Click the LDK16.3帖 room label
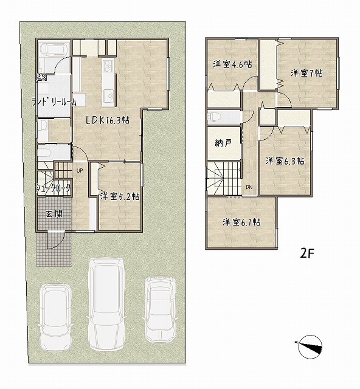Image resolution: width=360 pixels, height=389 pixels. coord(108,120)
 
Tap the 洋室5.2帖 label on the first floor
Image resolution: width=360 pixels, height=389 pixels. coord(119,196)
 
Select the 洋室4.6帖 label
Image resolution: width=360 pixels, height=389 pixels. coord(232,64)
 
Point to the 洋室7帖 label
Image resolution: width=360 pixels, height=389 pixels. coord(307,73)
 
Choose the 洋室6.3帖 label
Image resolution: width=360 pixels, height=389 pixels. coord(285,160)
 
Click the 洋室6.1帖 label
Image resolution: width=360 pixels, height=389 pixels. coord(241,222)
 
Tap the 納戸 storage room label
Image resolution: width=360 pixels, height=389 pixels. coord(223,143)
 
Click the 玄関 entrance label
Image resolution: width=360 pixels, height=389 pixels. coord(54,213)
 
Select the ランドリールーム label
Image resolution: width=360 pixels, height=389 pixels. coord(54,102)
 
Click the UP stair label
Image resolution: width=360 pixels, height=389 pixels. coord(80,170)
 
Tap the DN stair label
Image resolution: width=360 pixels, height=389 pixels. coord(249,188)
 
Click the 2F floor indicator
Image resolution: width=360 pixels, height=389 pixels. coord(307,253)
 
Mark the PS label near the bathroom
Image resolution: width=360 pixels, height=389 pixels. coord(41,77)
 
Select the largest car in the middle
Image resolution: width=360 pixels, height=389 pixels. coord(106,305)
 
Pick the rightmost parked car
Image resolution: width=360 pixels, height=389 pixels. coord(161,309)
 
